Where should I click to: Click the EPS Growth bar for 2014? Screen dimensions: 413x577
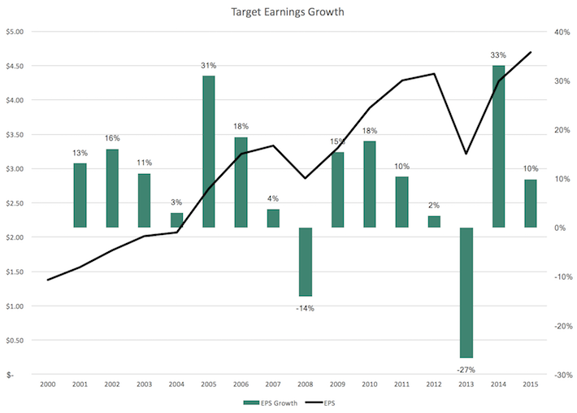tap(498, 146)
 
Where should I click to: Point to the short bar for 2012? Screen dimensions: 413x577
tap(434, 221)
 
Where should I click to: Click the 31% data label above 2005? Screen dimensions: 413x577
tap(209, 66)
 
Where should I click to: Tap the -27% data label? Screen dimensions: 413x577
tap(466, 368)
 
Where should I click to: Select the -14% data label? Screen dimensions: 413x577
tap(306, 308)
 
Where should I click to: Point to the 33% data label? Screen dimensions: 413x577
tap(498, 55)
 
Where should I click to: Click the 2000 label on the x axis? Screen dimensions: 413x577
tap(48, 385)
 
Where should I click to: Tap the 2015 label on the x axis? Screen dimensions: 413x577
tap(531, 385)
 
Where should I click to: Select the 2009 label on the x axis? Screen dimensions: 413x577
tap(337, 385)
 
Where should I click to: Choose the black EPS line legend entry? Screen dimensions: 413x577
tap(322, 403)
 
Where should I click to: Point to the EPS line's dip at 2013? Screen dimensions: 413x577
tap(466, 154)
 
